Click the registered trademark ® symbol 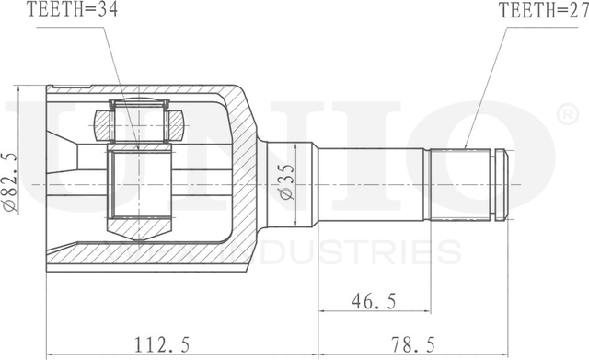[569, 115]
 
